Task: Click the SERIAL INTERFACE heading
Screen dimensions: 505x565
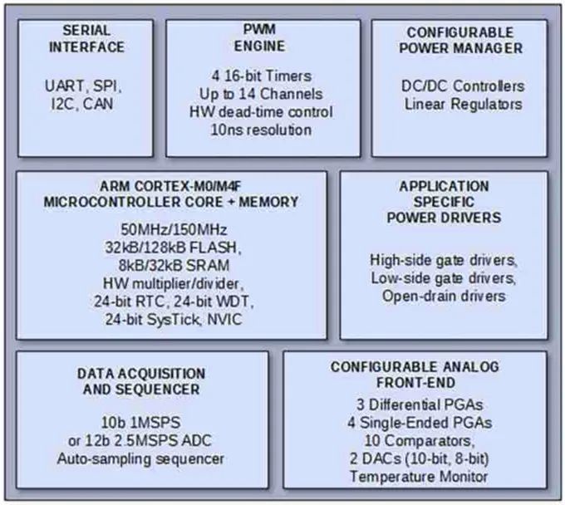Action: tap(85, 38)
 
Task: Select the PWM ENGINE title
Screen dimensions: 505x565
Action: tap(263, 38)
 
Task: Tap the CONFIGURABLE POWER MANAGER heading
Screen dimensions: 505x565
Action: tap(459, 38)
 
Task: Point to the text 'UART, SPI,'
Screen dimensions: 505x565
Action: tap(85, 86)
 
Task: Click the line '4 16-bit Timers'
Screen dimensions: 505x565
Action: tap(263, 76)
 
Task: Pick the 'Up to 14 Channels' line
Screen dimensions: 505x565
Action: tap(263, 94)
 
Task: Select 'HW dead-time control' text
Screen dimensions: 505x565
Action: tap(263, 112)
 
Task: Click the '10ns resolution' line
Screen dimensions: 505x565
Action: tap(263, 130)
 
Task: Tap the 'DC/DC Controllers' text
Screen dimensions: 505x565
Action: tap(459, 86)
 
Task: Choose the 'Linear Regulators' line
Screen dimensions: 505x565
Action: tap(459, 105)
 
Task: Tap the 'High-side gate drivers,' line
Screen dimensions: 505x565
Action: tap(444, 259)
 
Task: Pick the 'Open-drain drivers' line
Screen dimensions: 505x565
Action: tap(444, 296)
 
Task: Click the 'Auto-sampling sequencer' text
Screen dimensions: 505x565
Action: tap(141, 458)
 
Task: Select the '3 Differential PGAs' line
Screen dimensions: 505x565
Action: tap(415, 404)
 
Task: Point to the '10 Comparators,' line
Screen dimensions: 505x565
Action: tap(415, 440)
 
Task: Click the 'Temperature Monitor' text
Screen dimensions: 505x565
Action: tap(415, 477)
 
